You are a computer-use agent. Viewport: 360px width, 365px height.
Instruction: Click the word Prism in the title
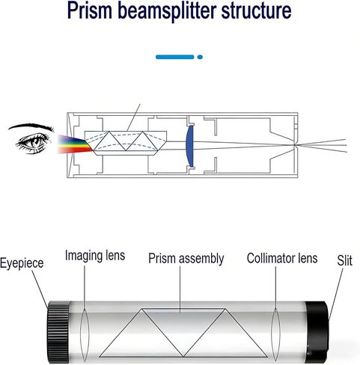coord(90,10)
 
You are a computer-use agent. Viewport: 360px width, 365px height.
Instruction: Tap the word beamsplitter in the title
coord(167,10)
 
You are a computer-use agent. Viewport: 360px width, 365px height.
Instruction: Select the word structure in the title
coord(257,10)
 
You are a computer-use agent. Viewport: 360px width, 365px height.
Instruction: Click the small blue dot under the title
coord(200,57)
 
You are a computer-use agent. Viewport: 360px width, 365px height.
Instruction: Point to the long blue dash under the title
coord(174,57)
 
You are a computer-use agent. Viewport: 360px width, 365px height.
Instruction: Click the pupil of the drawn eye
coord(37,141)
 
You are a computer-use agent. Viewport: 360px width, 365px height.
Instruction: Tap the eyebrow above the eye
coord(31,126)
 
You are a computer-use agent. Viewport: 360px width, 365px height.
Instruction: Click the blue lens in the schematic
coord(190,146)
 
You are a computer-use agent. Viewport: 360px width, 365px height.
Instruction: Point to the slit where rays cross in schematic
coord(295,144)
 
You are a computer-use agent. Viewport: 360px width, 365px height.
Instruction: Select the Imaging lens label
coord(95,255)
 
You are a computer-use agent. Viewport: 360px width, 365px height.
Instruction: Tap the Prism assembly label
coord(186,259)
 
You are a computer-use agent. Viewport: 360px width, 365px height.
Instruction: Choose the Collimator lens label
coord(282,258)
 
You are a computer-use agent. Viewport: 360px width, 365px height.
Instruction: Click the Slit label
coord(345,260)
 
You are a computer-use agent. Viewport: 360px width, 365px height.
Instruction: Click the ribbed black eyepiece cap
coord(58,332)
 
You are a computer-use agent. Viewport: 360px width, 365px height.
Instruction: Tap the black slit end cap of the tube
coord(317,332)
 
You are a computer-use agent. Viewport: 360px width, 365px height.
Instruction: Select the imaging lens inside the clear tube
coord(85,335)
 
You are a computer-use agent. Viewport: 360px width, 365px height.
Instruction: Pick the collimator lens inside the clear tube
coord(275,334)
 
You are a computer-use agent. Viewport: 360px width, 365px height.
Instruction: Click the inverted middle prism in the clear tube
coord(184,324)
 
